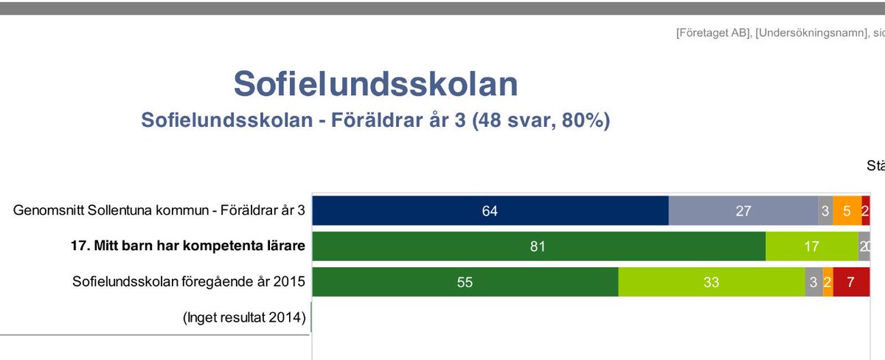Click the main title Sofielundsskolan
[x=375, y=85]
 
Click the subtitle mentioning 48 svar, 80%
[x=375, y=120]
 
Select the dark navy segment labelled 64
[x=490, y=211]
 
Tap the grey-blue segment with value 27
[x=743, y=211]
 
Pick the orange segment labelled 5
[x=847, y=211]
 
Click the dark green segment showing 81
[x=538, y=246]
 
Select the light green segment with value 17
[x=811, y=246]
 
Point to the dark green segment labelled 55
[x=465, y=282]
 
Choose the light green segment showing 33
[x=711, y=282]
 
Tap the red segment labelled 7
[x=851, y=282]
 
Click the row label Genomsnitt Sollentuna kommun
[x=159, y=211]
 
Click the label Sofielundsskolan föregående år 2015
[x=189, y=281]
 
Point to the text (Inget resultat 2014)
[x=244, y=318]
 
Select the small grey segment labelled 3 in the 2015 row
[x=813, y=282]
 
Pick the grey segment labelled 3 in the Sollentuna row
[x=825, y=211]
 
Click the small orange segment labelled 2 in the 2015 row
[x=827, y=282]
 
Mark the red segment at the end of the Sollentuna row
[x=865, y=211]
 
